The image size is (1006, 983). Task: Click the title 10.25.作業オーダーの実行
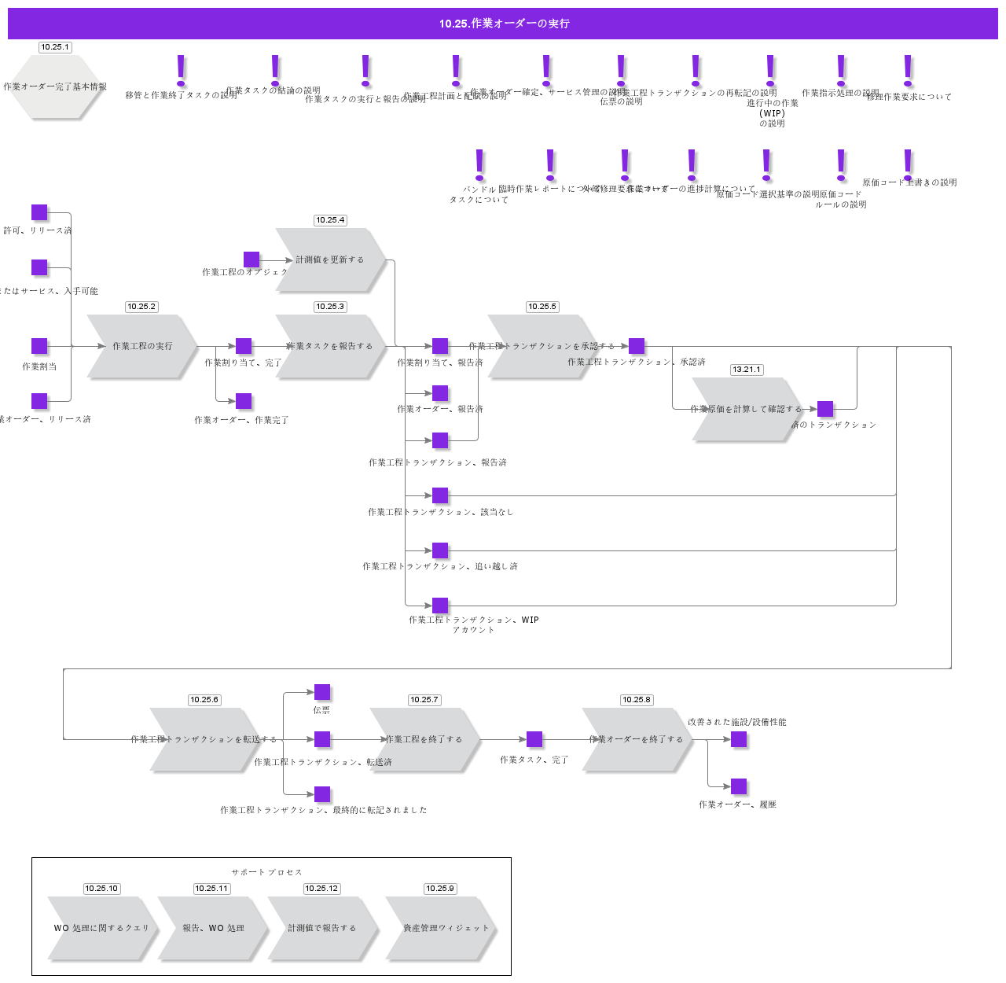[x=503, y=24]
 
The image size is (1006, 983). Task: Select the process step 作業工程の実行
[x=141, y=346]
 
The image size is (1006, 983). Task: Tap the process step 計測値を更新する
[x=330, y=260]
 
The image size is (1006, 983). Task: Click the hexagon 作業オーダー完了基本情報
[x=55, y=87]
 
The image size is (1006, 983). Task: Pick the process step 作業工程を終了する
[x=424, y=739]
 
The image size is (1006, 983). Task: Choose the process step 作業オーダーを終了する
[x=637, y=739]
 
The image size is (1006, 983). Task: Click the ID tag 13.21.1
[x=747, y=370]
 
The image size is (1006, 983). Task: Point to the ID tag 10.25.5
[x=542, y=307]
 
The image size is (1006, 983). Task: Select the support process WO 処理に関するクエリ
[x=101, y=928]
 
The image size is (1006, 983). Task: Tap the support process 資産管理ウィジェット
[x=440, y=928]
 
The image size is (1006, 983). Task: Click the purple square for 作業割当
[x=39, y=346]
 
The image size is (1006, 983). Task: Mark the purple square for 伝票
[x=322, y=692]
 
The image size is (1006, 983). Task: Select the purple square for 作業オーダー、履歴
[x=739, y=786]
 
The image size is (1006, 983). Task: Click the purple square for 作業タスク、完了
[x=534, y=739]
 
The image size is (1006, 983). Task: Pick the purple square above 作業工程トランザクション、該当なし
[x=440, y=495]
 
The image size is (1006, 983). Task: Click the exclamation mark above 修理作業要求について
[x=908, y=71]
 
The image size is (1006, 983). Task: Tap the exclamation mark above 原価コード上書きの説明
[x=908, y=164]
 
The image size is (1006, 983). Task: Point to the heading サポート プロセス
[x=267, y=872]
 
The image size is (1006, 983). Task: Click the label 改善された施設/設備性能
[x=736, y=722]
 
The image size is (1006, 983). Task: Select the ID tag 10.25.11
[x=211, y=889]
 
